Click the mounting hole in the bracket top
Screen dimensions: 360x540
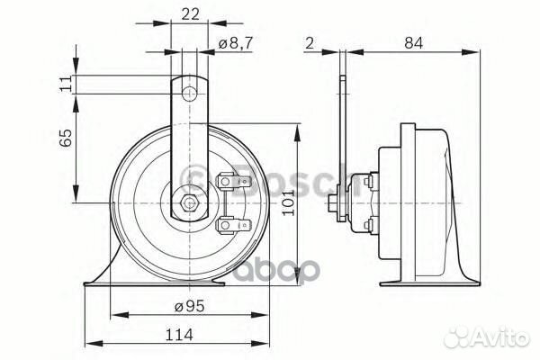tap(187, 94)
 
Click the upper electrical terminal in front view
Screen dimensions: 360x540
tap(229, 184)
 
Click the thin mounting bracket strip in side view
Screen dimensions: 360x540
tap(344, 135)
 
